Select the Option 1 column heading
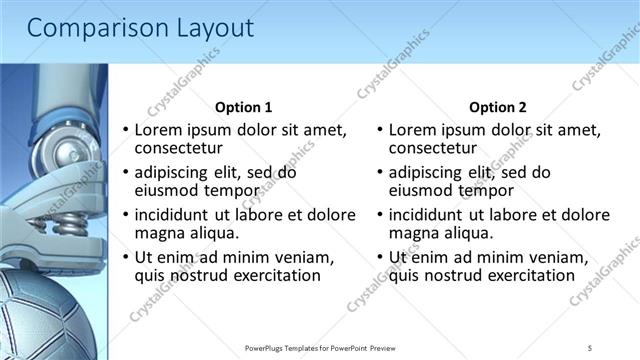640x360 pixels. [243, 107]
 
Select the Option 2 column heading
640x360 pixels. [497, 107]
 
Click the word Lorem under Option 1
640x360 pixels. [160, 130]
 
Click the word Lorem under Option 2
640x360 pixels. [414, 130]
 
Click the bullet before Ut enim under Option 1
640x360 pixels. [125, 258]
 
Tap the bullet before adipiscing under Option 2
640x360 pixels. [379, 173]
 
